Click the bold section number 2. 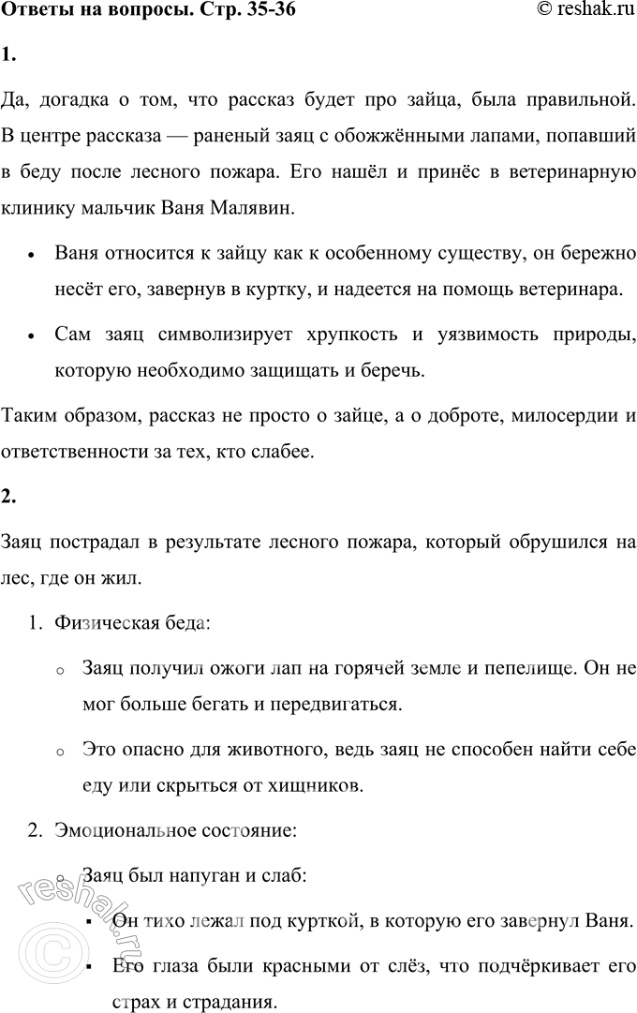coord(8,497)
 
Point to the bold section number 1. coord(8,53)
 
